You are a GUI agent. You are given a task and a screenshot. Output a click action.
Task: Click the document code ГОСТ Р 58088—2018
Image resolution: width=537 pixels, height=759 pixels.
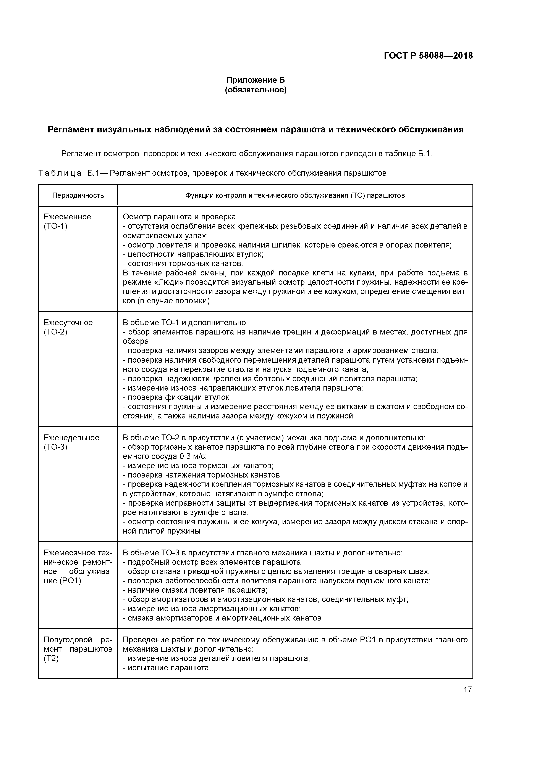pos(428,56)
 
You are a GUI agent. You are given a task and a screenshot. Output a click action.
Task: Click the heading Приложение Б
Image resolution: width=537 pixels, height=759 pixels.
pos(256,80)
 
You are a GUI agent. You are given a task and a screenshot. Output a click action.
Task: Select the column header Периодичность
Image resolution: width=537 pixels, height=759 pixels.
pos(78,195)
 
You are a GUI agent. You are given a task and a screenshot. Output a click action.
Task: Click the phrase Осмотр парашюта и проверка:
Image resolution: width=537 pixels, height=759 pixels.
pos(180,217)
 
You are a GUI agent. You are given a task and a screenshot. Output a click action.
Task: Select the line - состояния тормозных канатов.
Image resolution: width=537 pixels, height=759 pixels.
pos(183,264)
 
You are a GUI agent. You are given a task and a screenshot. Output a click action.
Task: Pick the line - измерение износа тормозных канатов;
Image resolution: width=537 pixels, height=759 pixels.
pos(198,466)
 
